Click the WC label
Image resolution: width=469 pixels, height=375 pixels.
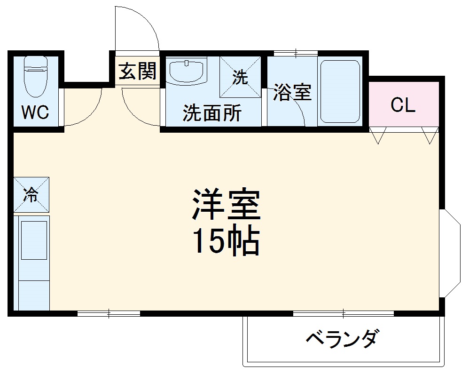tap(35, 113)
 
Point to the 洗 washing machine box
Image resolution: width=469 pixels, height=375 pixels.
tap(241, 77)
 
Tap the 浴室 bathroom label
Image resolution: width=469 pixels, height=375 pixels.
tap(292, 93)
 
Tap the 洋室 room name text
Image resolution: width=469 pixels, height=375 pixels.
tap(226, 205)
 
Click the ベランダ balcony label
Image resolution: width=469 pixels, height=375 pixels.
tap(342, 338)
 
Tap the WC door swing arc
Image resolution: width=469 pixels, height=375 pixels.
tap(89, 111)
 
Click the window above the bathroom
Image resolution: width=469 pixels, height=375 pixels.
tap(295, 53)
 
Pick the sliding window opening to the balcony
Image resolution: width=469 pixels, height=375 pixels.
tap(343, 313)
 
